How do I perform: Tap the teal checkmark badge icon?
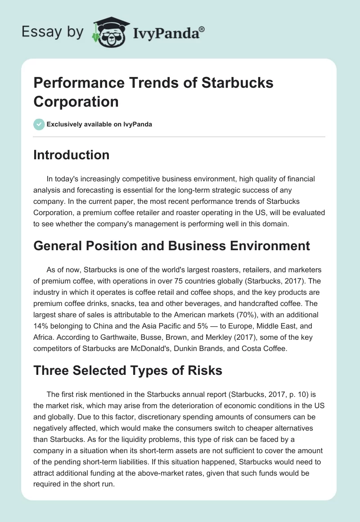pos(39,125)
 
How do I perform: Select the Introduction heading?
pos(72,155)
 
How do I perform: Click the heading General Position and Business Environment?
pos(172,245)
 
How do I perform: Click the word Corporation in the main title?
pos(76,102)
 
